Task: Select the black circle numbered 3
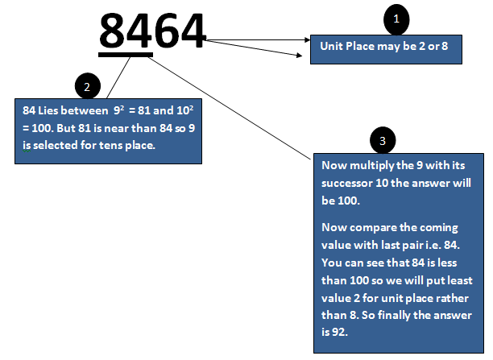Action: [x=383, y=142]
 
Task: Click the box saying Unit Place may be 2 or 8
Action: [x=386, y=48]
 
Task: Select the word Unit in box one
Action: [x=331, y=47]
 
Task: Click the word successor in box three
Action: [x=347, y=180]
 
